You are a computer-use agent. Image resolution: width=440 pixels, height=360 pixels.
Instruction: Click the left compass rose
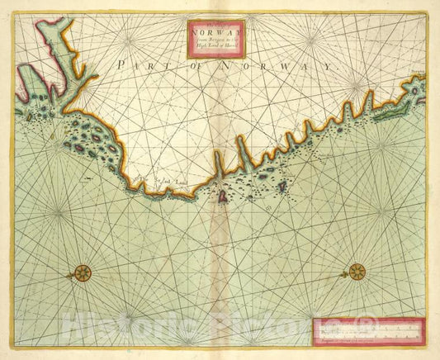pyautogui.click(x=83, y=271)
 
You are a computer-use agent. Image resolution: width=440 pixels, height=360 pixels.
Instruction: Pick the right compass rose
pyautogui.click(x=357, y=271)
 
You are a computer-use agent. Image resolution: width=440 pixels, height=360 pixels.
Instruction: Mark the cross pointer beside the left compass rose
pyautogui.click(x=69, y=271)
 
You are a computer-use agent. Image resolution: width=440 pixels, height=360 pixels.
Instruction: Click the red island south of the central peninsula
pyautogui.click(x=222, y=196)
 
